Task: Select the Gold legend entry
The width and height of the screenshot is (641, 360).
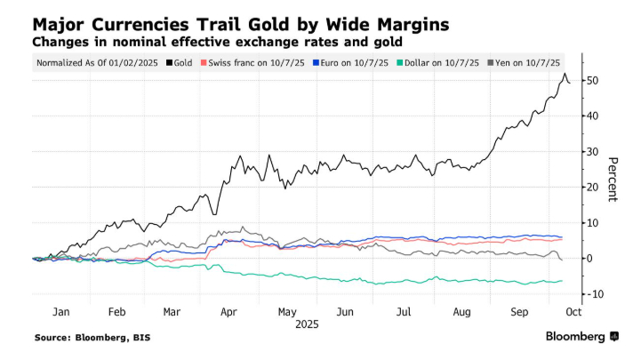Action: (183, 62)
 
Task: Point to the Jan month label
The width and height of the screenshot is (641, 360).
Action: (60, 313)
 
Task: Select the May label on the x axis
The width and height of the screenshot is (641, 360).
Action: (285, 313)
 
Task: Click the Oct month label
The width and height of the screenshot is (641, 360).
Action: (573, 313)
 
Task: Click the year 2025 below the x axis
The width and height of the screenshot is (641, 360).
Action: (304, 326)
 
